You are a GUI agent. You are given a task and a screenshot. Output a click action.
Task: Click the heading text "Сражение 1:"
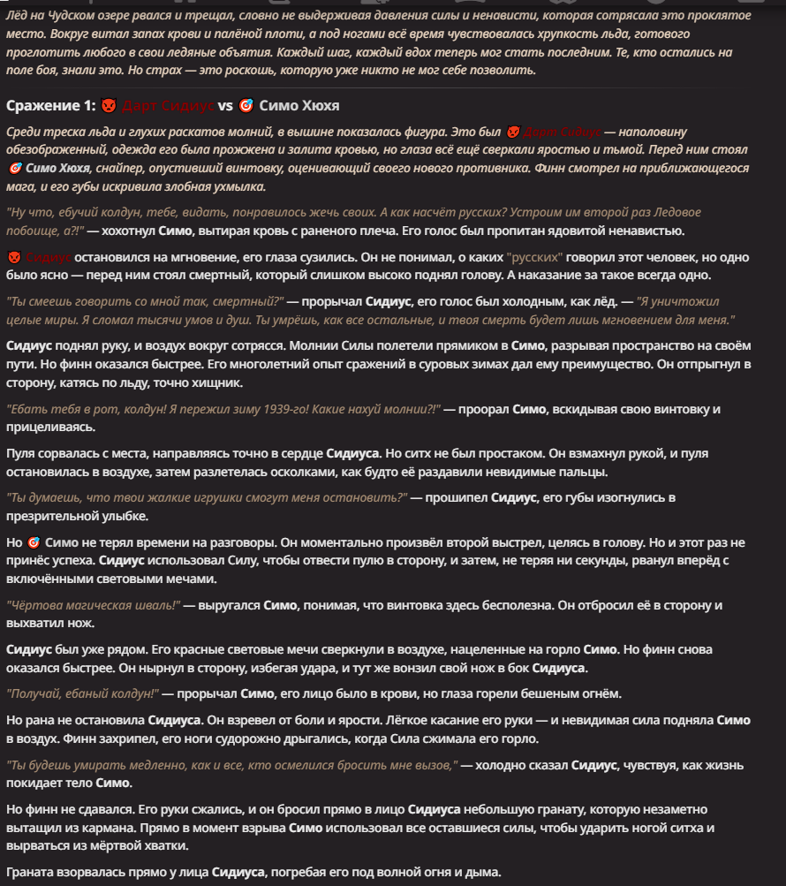pos(49,105)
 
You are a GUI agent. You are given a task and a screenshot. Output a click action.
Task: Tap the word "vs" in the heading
pos(225,105)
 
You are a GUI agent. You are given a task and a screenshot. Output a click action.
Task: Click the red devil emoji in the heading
pos(108,105)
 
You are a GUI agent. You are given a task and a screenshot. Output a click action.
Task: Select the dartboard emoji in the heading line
pos(246,105)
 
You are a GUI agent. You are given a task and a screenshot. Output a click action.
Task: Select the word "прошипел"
pos(456,498)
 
